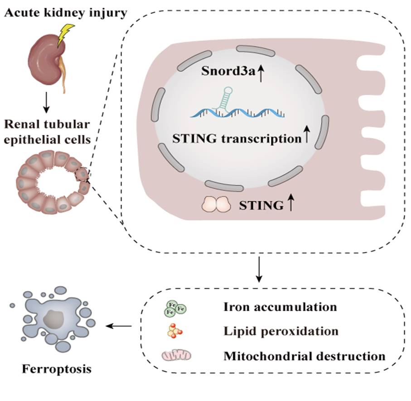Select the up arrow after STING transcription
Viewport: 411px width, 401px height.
[307, 137]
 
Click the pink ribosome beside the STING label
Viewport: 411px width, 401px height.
[217, 204]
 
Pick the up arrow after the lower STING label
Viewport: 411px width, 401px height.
[290, 204]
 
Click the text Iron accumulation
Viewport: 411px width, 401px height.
[280, 307]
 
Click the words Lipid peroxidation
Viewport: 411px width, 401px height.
[281, 331]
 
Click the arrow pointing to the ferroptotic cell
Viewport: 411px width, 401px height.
[119, 325]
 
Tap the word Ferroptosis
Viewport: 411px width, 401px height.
[57, 369]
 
